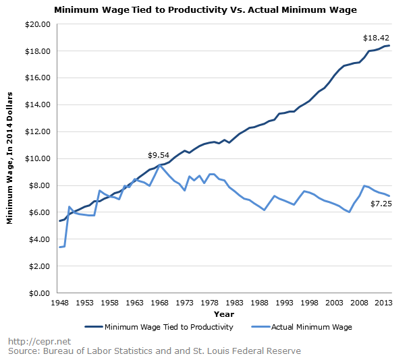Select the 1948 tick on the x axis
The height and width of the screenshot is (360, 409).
60,303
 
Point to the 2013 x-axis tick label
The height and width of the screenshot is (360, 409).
383,303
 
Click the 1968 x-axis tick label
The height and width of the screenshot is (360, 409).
160,303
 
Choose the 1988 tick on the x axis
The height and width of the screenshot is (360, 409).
259,303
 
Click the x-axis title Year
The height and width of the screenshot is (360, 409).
224,314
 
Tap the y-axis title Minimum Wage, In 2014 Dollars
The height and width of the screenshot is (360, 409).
11,159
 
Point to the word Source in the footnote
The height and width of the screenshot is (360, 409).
23,351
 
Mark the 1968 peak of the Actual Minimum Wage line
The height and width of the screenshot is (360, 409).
160,165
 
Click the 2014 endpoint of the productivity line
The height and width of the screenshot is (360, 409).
389,45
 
